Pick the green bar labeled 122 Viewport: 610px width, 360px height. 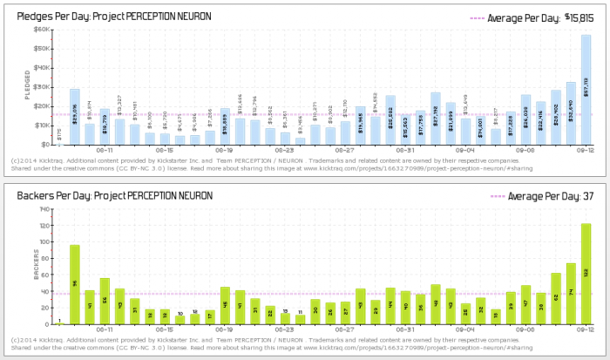pyautogui.click(x=586, y=274)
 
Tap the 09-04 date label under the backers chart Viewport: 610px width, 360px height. pyautogui.click(x=466, y=331)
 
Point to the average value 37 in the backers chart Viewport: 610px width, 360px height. pyautogui.click(x=588, y=196)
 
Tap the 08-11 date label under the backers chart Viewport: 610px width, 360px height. pyautogui.click(x=105, y=331)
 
